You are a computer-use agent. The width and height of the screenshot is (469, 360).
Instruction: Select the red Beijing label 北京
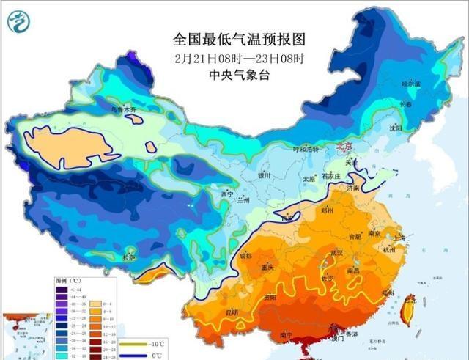pyautogui.click(x=343, y=147)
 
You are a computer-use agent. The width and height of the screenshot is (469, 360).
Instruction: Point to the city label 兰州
pyautogui.click(x=242, y=199)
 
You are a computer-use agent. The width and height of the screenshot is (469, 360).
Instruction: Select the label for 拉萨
pyautogui.click(x=129, y=258)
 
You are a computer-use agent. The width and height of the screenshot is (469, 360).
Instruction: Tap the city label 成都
pyautogui.click(x=245, y=256)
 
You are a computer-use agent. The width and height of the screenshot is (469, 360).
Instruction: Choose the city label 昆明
pyautogui.click(x=232, y=313)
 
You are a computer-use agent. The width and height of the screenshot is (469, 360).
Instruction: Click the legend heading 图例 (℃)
pyautogui.click(x=71, y=281)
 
